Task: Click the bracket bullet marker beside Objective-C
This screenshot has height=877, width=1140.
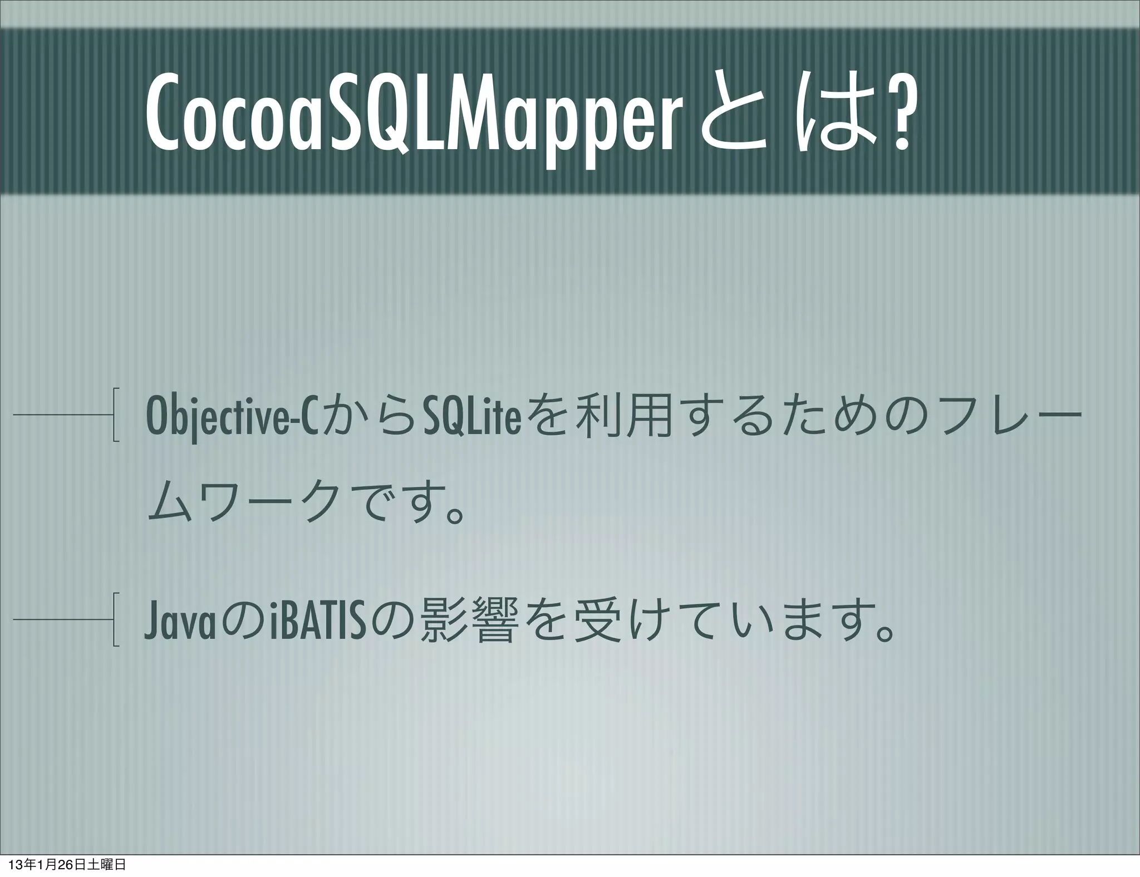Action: click(115, 415)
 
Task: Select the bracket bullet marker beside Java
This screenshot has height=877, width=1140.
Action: click(115, 619)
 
